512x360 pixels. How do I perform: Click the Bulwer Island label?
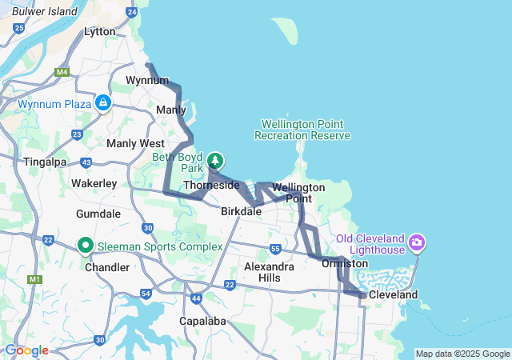[x=45, y=12]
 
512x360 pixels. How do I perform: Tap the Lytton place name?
[x=100, y=32]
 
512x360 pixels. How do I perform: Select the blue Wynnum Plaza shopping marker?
[x=102, y=103]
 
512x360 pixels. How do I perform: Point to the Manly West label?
[x=135, y=143]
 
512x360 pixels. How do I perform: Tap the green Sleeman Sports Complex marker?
[x=86, y=246]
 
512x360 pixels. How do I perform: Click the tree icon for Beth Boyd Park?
[x=214, y=161]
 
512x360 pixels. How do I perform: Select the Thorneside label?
[x=211, y=185]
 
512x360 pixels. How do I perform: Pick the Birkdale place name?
[x=241, y=212]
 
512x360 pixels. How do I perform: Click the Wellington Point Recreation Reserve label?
[x=302, y=130]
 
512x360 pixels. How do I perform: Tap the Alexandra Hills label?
[x=262, y=271]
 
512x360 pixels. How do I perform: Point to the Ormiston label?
[x=345, y=262]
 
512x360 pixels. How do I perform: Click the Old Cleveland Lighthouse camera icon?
[x=416, y=242]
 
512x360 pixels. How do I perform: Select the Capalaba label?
[x=202, y=321]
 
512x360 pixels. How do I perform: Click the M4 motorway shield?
[x=62, y=73]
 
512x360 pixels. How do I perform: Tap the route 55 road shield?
[x=275, y=249]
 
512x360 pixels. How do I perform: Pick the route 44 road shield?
[x=196, y=298]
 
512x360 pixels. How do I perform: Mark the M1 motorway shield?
[x=34, y=279]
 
